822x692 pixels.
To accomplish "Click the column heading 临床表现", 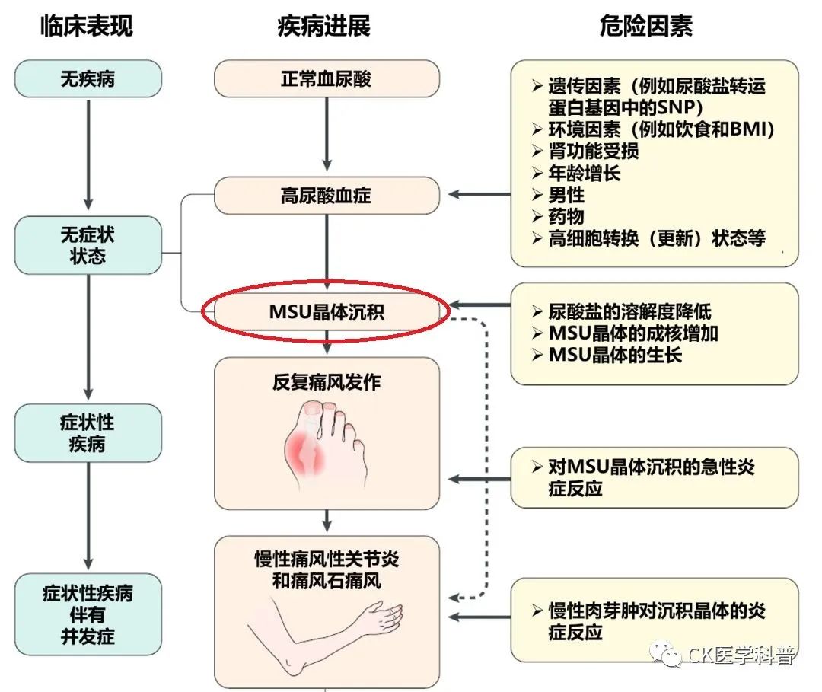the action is point(87,26).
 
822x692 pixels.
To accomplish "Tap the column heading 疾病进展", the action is point(324,26).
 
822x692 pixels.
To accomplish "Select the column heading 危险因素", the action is point(646,26).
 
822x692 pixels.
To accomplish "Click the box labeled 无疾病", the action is point(88,78).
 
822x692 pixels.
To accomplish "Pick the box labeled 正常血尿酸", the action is point(327,78).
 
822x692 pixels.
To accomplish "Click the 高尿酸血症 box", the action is point(327,196).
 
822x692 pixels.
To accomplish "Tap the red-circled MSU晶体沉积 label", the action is point(327,312).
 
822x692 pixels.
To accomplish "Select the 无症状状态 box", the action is point(88,245).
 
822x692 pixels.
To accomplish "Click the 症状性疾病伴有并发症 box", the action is point(88,614).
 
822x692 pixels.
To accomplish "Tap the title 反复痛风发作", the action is point(327,382).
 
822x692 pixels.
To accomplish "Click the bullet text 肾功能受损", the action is point(594,151).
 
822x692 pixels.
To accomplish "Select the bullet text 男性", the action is point(566,195).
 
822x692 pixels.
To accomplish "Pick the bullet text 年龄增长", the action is point(585,173).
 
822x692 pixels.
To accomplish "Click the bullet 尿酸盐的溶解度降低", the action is point(629,312).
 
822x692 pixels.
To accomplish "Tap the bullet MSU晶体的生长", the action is point(615,355).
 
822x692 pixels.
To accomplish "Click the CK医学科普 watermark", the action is point(724,654).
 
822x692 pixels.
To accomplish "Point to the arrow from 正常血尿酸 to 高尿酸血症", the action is point(327,134).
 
